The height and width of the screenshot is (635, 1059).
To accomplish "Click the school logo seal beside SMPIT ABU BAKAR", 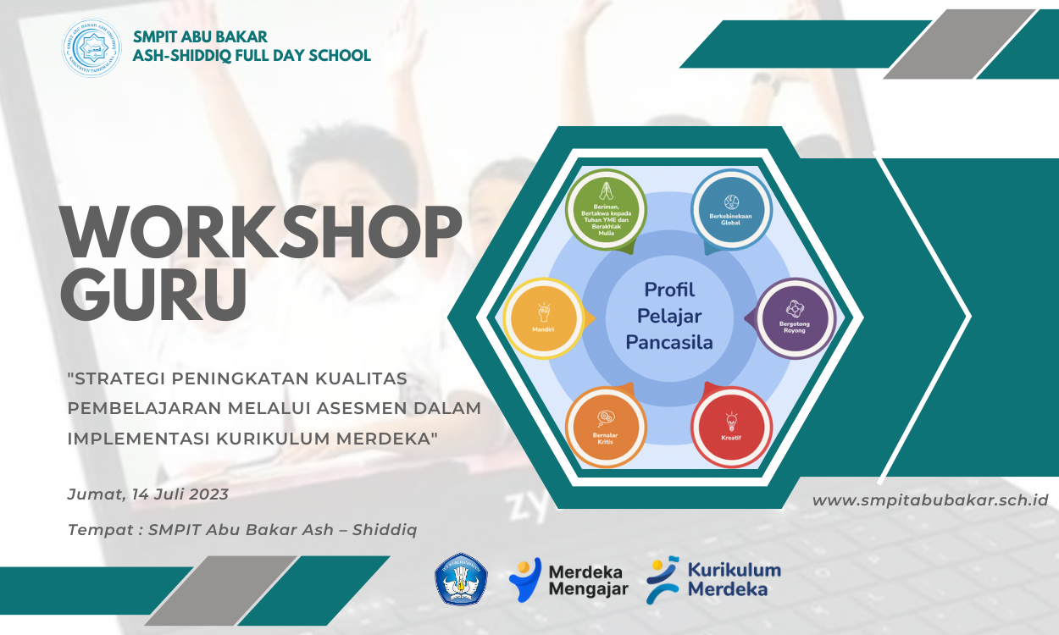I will (91, 48).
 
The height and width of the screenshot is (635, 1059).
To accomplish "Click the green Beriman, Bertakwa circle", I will (607, 211).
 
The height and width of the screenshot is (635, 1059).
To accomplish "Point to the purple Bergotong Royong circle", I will (794, 318).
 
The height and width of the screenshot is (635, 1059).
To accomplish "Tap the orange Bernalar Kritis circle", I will (606, 427).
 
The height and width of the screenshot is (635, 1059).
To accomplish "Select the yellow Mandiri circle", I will (543, 319).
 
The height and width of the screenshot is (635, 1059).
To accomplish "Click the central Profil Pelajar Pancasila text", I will (669, 316).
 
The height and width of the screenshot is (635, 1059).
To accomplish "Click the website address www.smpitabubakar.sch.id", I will (930, 500).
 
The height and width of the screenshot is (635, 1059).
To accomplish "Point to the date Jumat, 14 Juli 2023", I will (147, 494).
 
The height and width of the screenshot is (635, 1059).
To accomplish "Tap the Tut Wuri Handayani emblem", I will (461, 579).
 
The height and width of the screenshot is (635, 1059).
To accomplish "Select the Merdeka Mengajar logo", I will (568, 580).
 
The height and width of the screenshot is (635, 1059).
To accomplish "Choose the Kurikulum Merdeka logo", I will (713, 579).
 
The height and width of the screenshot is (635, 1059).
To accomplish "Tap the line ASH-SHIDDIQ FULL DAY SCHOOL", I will (252, 56).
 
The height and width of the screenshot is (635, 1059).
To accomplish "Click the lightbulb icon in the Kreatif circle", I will (731, 421).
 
